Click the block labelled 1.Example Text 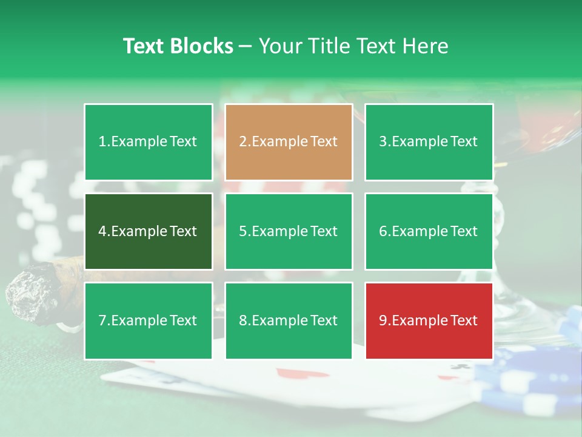pos(149,142)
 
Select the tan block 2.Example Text pos(289,142)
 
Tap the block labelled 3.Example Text pos(429,142)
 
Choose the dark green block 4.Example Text pos(149,231)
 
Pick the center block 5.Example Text pos(289,231)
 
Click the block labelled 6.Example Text pos(429,231)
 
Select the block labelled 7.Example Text pos(149,320)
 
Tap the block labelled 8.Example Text pos(289,320)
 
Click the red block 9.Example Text pos(429,320)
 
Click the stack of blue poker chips pos(533,376)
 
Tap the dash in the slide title pos(246,47)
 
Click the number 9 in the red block pos(383,320)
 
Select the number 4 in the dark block pos(102,231)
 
